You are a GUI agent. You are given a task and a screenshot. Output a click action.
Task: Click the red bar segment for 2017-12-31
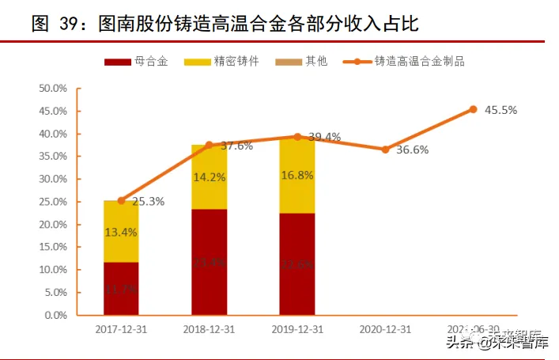pos(121,289)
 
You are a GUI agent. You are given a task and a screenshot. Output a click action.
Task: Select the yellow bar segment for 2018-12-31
pos(210,177)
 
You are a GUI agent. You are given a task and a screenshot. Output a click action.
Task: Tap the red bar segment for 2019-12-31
pos(297,263)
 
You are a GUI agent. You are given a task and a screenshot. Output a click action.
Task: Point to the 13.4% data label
pos(121,232)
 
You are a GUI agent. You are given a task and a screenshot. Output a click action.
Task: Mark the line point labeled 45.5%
pos(473,109)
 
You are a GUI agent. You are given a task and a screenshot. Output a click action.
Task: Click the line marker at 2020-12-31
pos(385,149)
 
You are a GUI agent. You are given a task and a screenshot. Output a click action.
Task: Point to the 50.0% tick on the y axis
pos(53,88)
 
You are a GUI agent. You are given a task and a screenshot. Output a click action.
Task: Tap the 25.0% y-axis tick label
pos(53,202)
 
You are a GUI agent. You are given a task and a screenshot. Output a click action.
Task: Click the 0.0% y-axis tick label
pos(55,315)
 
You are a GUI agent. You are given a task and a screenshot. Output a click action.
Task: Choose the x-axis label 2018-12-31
pos(210,328)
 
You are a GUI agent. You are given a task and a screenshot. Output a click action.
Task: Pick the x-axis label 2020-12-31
pos(385,328)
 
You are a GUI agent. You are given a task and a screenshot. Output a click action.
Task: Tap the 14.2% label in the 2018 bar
pos(210,177)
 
